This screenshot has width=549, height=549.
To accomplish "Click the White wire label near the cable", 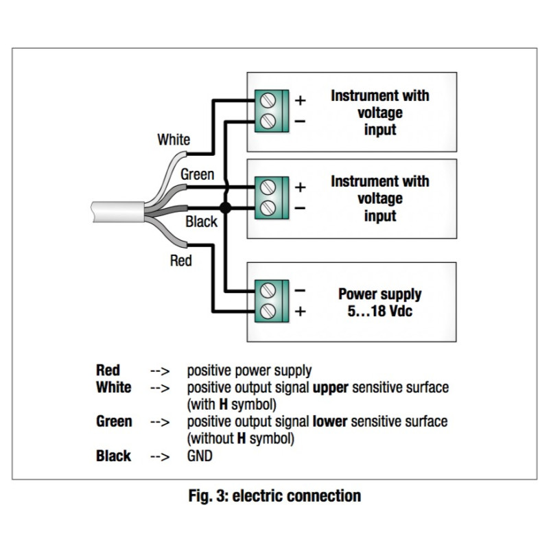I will [x=174, y=140].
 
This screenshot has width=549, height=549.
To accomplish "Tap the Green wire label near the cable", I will [x=197, y=175].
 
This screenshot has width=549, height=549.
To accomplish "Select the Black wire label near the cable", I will [x=201, y=222].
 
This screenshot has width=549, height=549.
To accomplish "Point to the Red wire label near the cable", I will [x=181, y=261].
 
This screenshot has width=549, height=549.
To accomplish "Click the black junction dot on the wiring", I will [x=224, y=207].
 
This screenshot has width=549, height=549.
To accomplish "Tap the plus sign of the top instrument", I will [x=300, y=100].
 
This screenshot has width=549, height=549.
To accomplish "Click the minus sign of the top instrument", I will [x=300, y=121].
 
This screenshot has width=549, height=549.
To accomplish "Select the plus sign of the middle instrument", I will [x=300, y=187].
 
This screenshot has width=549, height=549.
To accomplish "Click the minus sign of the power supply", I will [x=300, y=290].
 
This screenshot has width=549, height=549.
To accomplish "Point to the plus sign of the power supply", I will [x=300, y=311].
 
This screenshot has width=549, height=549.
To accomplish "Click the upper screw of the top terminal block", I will [x=268, y=100].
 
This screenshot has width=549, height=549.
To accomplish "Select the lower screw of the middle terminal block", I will [x=268, y=207].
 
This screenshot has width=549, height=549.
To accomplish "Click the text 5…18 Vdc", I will [x=379, y=311].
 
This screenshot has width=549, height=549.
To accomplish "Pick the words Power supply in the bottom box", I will [x=379, y=294].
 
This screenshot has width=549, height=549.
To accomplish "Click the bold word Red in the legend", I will [x=108, y=371].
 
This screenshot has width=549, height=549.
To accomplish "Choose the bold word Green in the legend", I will [x=114, y=421].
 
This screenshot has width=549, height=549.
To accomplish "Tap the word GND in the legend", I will [x=200, y=456].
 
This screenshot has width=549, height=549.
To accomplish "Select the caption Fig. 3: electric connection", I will [x=274, y=495].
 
